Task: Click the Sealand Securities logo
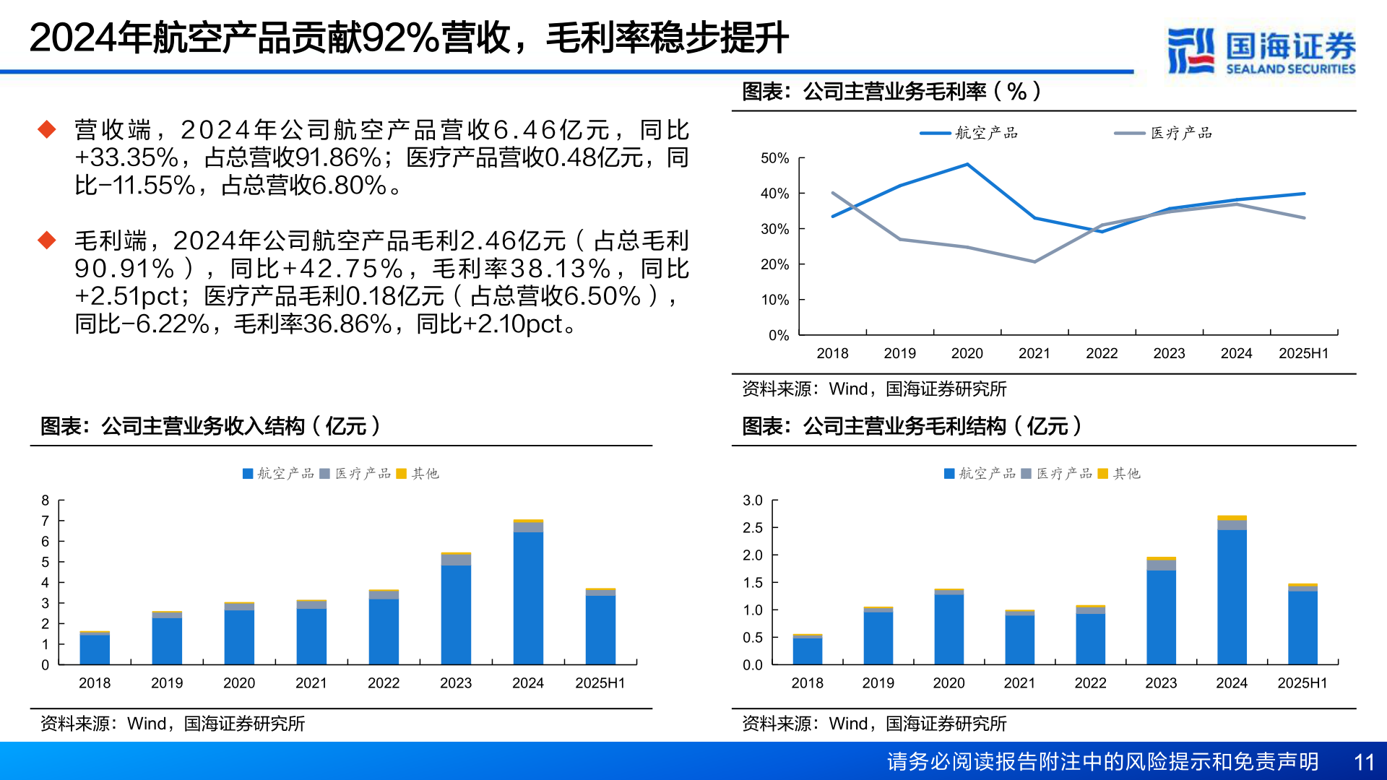point(1261,51)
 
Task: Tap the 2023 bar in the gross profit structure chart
point(1161,614)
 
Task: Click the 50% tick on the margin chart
point(774,158)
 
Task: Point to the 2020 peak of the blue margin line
point(967,165)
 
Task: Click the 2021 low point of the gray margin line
point(1034,261)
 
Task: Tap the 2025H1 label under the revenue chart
point(600,683)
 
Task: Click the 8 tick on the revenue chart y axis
point(46,500)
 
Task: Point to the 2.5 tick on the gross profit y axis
point(753,528)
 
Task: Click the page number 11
point(1364,762)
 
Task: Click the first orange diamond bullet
point(47,130)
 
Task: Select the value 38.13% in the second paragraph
point(560,269)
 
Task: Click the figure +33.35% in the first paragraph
point(126,157)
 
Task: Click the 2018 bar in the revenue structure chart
point(95,648)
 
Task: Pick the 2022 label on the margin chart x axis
point(1102,354)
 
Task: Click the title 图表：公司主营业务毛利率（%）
point(891,92)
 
